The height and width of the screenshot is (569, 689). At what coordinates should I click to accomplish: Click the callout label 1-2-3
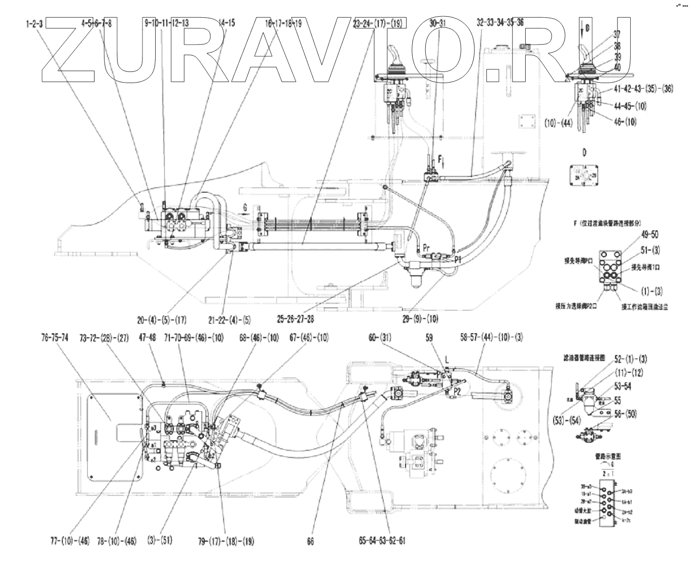34,23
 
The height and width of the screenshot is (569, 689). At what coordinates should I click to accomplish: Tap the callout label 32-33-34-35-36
501,23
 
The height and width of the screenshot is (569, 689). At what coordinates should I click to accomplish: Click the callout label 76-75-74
55,338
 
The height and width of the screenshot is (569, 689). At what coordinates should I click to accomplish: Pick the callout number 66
310,541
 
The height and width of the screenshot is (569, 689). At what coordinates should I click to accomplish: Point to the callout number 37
617,35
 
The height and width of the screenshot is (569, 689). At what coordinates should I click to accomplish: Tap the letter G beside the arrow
245,207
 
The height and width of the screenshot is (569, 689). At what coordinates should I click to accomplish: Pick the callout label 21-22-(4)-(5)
228,320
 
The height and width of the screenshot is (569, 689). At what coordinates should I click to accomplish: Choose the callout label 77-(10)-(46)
70,541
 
